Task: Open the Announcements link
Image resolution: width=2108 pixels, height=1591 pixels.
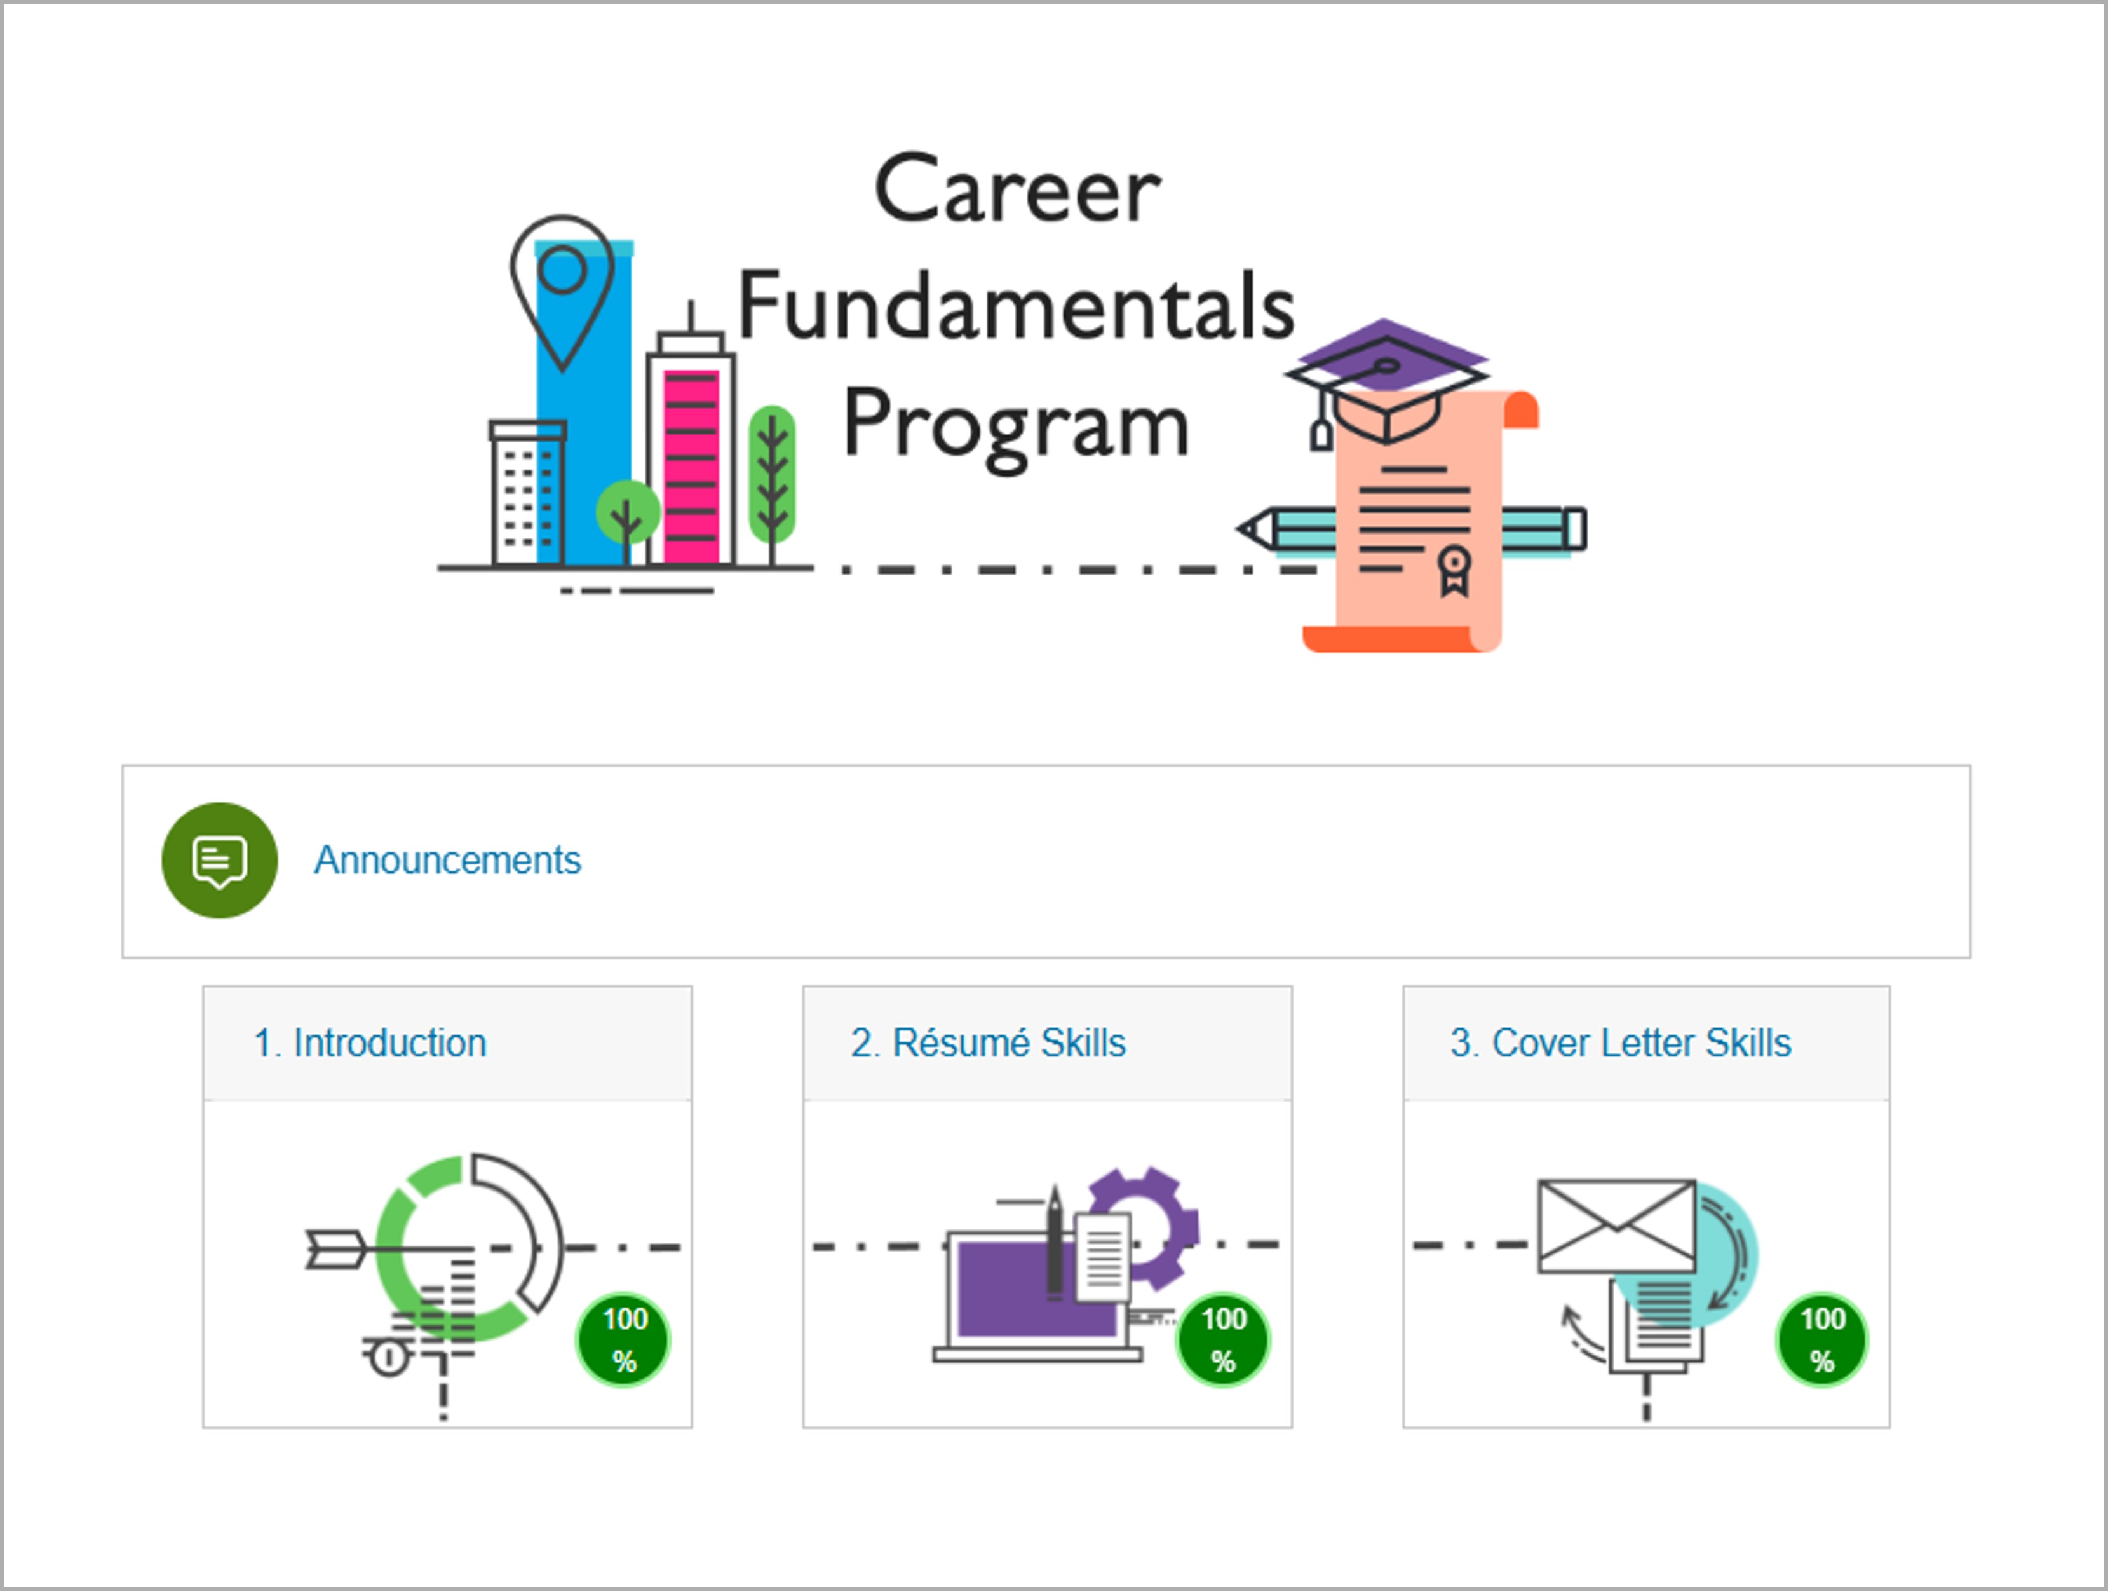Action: tap(447, 860)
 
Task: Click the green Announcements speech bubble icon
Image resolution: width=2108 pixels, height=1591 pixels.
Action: tap(219, 860)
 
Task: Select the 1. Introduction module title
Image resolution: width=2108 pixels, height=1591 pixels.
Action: tap(370, 1043)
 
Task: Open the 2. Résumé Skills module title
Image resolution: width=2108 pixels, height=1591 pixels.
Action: tap(989, 1043)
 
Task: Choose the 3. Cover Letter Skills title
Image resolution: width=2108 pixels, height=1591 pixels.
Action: tap(1620, 1043)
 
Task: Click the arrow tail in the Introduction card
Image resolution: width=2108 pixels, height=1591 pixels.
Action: tap(334, 1249)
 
